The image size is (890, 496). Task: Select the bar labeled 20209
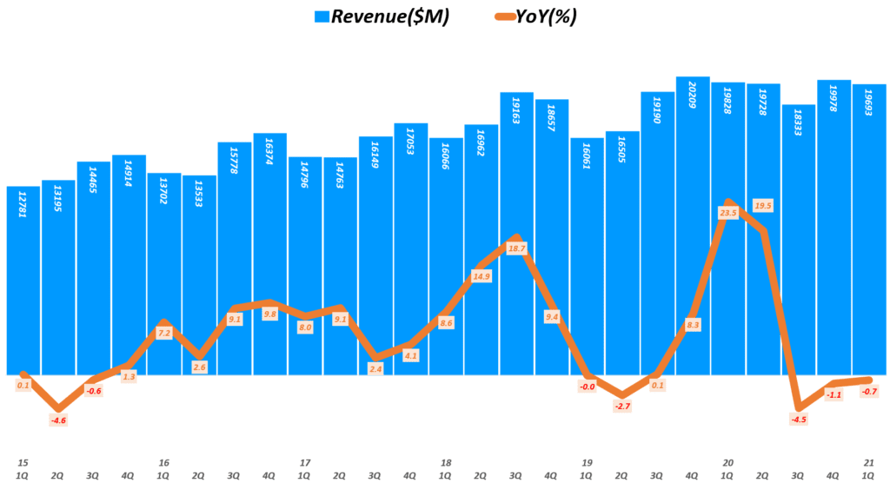(x=693, y=226)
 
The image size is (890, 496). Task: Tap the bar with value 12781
(x=23, y=278)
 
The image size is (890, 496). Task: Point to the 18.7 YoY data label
(x=516, y=248)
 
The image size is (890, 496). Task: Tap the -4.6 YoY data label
(x=58, y=420)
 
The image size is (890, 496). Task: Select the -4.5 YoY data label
(x=799, y=420)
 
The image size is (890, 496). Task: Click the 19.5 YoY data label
(x=763, y=206)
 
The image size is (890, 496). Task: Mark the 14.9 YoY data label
(x=481, y=276)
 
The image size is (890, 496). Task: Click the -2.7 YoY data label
(x=622, y=406)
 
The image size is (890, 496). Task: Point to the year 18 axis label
(x=445, y=463)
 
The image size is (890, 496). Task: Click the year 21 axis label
(x=869, y=463)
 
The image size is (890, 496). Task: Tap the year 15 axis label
(x=23, y=463)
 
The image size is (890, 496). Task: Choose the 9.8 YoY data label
(x=269, y=314)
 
